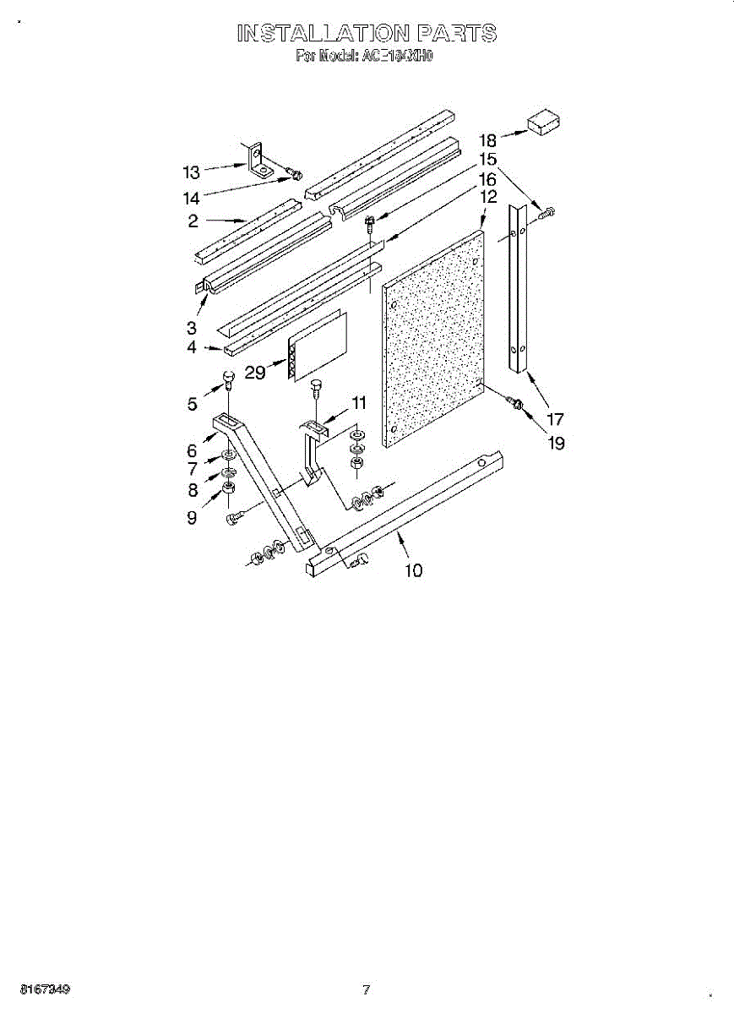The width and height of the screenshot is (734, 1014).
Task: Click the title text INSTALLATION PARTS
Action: coord(367,34)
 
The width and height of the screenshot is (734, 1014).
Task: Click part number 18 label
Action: coord(488,139)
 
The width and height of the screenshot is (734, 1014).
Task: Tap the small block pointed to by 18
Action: coord(545,123)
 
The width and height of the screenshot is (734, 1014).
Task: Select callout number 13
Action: coord(192,172)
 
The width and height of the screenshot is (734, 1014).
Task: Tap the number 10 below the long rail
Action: coord(413,571)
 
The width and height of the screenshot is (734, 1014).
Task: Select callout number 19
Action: coord(556,442)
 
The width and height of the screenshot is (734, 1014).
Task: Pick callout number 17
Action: coord(556,418)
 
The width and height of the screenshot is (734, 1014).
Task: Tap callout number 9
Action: coord(193,517)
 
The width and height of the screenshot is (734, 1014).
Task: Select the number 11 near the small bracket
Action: coord(360,404)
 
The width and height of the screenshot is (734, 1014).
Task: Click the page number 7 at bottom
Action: coord(367,990)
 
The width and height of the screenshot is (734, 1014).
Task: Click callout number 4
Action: coord(192,347)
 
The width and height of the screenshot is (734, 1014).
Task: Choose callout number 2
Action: coord(193,221)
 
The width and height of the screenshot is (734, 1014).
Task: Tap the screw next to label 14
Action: coord(296,174)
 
